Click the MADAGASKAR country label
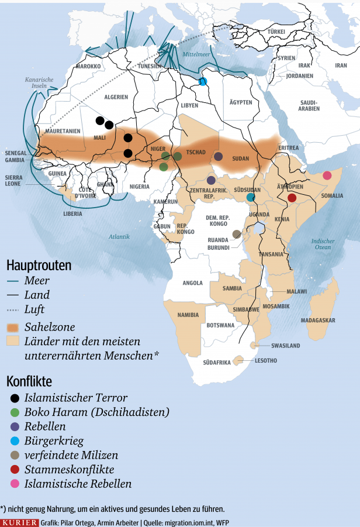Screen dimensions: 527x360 click(x=318, y=321)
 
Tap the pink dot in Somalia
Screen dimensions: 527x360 click(x=327, y=175)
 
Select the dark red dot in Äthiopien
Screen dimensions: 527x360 click(x=292, y=198)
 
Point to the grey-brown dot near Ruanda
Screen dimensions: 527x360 click(x=237, y=234)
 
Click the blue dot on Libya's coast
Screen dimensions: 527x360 click(x=203, y=81)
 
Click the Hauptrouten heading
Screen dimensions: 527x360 click(x=39, y=266)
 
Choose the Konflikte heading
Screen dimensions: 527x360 click(x=29, y=381)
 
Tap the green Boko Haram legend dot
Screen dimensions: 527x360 click(x=15, y=412)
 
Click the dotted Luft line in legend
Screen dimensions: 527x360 click(x=13, y=309)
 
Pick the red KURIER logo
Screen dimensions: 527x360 click(x=19, y=522)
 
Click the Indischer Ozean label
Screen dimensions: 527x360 click(x=323, y=244)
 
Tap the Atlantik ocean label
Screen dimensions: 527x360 click(x=119, y=236)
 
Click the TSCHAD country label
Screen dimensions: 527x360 click(x=196, y=152)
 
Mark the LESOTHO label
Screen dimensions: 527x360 click(x=266, y=361)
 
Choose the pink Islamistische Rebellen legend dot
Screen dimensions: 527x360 click(x=15, y=484)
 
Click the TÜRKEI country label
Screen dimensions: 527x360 click(x=276, y=30)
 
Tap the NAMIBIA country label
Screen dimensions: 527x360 click(x=188, y=315)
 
